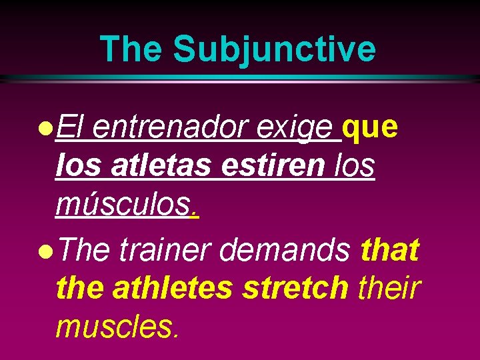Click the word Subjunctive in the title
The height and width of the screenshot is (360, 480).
pyautogui.click(x=274, y=49)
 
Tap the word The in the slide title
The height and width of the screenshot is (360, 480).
pyautogui.click(x=131, y=49)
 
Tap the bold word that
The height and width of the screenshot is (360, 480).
pyautogui.click(x=390, y=250)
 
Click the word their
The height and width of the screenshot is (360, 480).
pyautogui.click(x=390, y=289)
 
